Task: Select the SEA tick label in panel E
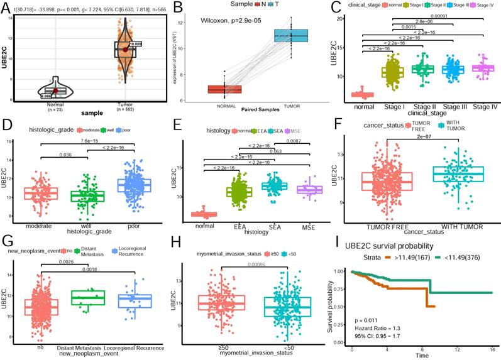click(274, 224)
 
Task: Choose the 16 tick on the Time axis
click(492, 347)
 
